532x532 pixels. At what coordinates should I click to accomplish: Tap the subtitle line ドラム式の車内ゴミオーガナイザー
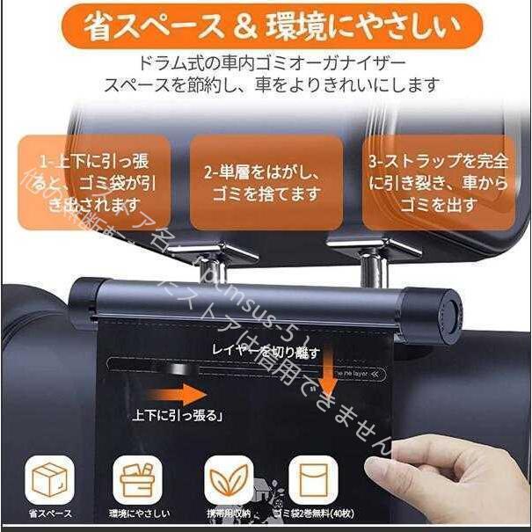(x=265, y=64)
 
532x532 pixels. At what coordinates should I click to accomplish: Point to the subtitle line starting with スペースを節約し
(x=265, y=86)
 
